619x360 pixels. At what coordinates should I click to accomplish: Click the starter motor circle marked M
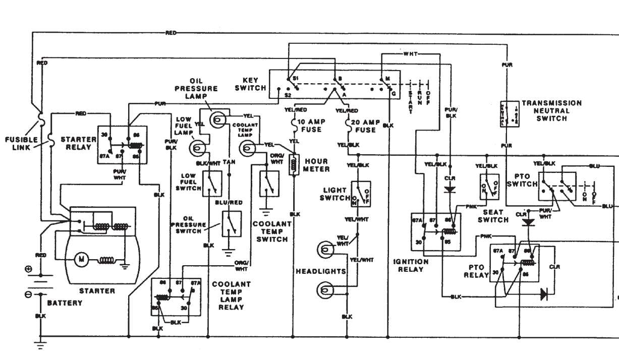[x=81, y=260]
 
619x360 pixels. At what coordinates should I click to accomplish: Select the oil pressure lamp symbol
[x=217, y=119]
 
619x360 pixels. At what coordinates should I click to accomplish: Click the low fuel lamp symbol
[x=197, y=148]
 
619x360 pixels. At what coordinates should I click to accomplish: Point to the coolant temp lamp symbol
[x=247, y=148]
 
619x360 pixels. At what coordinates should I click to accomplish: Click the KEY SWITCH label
[x=251, y=84]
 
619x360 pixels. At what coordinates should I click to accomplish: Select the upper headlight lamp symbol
[x=324, y=250]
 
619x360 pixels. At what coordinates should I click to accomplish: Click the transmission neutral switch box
[x=510, y=114]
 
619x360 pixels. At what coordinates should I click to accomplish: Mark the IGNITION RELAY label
[x=411, y=265]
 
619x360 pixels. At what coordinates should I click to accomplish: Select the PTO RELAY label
[x=477, y=271]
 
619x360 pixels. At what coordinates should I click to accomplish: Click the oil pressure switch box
[x=231, y=224]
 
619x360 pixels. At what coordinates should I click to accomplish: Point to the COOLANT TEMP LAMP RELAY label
[x=231, y=295]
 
